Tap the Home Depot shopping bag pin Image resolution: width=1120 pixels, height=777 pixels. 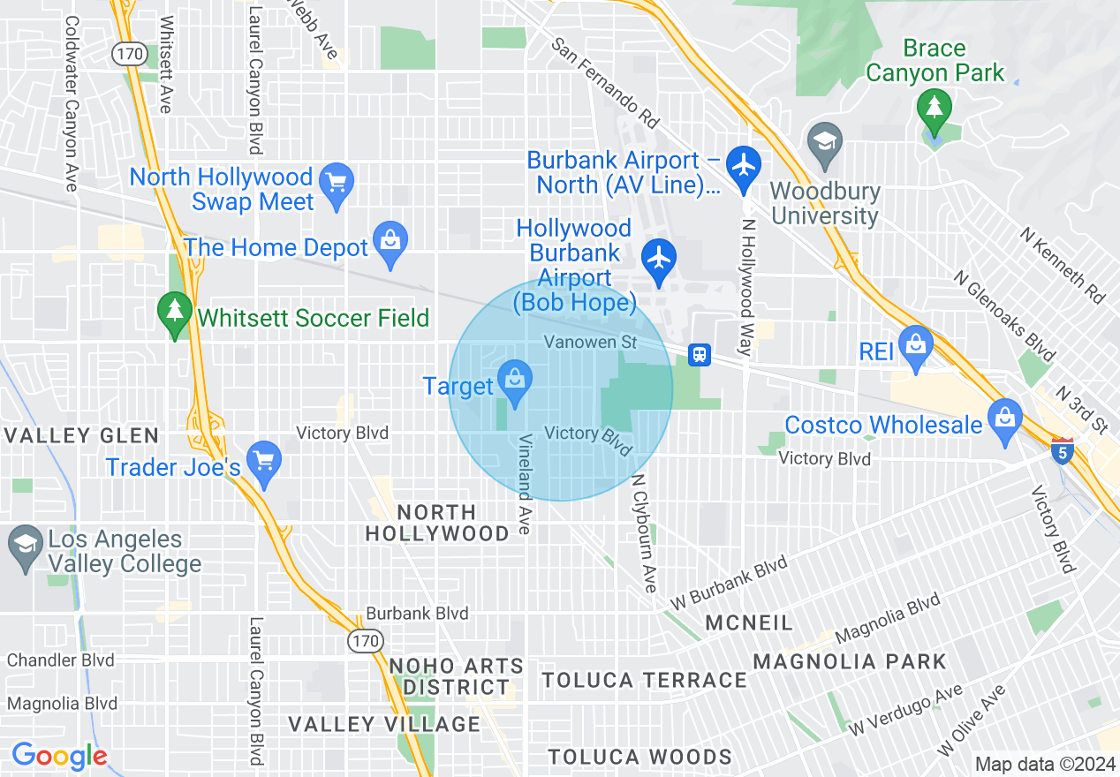coord(389,242)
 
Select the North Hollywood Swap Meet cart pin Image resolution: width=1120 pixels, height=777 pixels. coord(336,183)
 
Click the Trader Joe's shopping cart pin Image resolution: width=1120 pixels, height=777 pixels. coord(263,460)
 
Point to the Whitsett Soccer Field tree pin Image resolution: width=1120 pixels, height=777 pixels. coord(175,311)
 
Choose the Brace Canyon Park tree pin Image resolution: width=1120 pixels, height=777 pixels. coord(934,109)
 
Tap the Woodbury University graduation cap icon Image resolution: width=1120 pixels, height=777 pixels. coord(825,141)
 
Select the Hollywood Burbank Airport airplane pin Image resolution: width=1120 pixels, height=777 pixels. coord(659,258)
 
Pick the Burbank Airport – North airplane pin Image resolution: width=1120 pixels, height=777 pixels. coord(744,165)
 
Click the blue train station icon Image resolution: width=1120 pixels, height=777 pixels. coord(700,355)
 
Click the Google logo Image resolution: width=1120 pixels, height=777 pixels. coord(59,756)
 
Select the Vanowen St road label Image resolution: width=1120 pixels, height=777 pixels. coord(590,341)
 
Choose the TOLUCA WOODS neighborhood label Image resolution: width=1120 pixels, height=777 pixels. coord(639,757)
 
